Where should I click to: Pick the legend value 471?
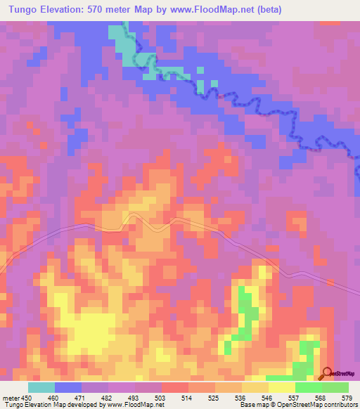click(82, 398)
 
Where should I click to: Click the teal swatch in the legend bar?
click(41, 387)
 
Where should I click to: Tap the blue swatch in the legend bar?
click(68, 387)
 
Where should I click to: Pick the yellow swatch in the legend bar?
click(282, 387)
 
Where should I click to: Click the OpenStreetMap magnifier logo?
click(328, 373)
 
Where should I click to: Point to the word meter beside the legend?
click(10, 398)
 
